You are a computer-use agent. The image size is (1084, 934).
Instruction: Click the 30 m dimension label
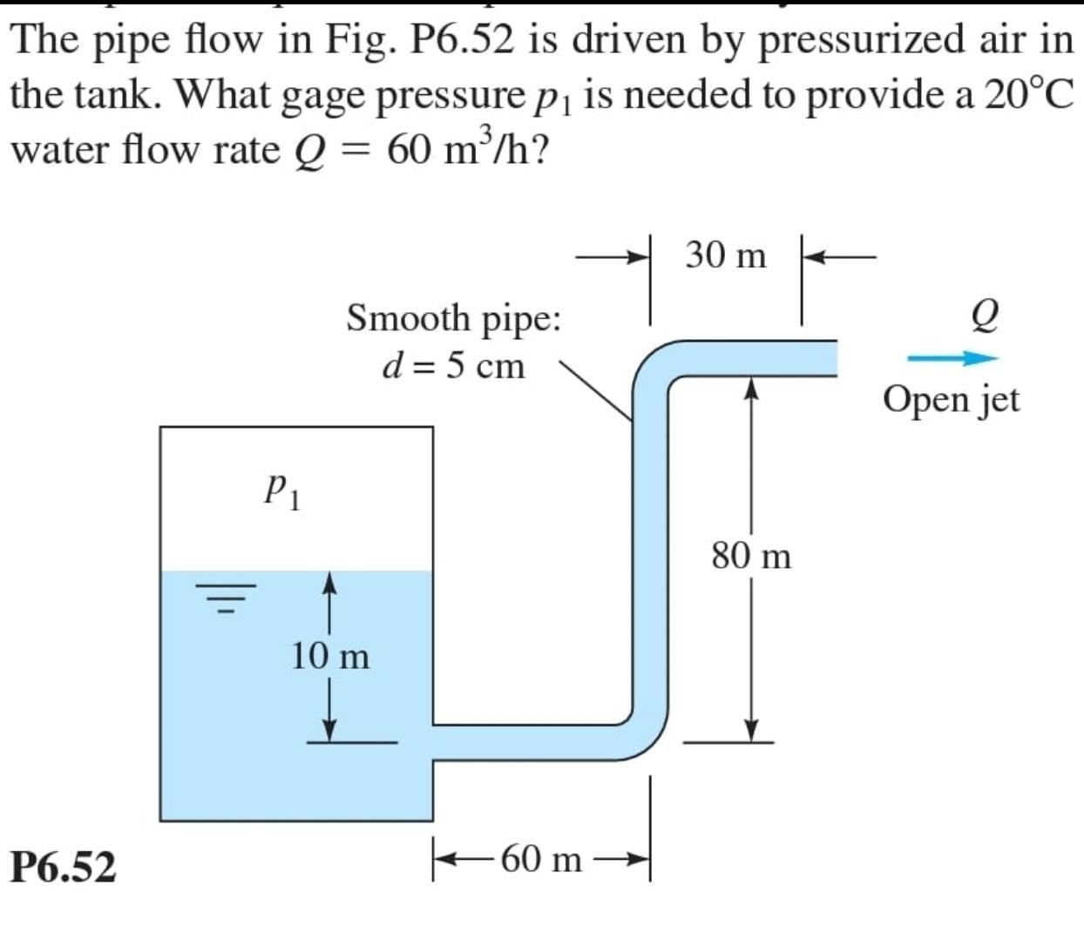(725, 255)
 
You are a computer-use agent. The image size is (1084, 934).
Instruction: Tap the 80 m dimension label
(751, 556)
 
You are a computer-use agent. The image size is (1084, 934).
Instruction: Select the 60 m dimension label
(541, 859)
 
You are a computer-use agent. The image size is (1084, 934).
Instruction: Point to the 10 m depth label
(330, 656)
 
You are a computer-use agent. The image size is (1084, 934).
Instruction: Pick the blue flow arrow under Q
(952, 358)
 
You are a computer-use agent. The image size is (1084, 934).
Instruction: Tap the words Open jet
(951, 400)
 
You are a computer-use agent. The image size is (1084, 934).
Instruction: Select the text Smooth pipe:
(453, 317)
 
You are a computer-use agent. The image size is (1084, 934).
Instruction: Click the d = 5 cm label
(454, 366)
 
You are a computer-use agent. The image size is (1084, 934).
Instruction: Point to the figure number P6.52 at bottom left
(63, 867)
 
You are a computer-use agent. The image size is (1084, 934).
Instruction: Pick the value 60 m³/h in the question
(467, 150)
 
